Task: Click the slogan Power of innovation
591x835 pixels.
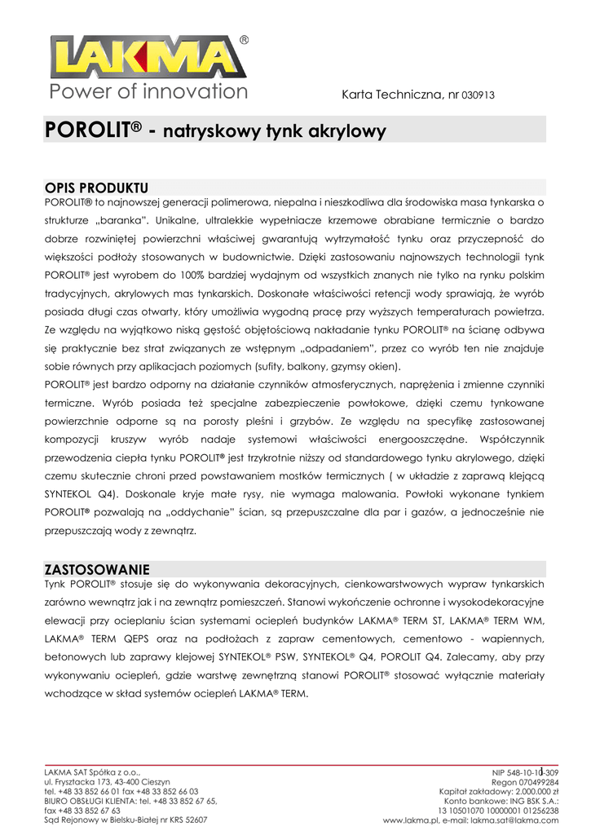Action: (148, 91)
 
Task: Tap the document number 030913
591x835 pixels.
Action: (478, 95)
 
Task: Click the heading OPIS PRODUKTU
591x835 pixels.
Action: (96, 188)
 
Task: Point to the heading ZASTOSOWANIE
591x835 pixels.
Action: (96, 568)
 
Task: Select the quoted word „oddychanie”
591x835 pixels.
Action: (174, 511)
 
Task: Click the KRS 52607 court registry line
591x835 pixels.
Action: (126, 820)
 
